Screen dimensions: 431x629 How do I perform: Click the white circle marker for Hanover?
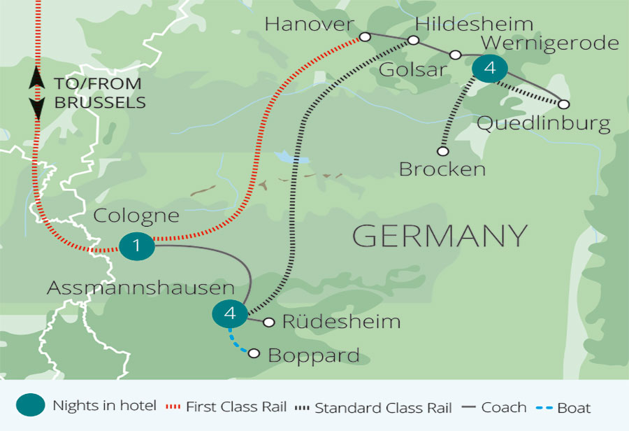(x=363, y=36)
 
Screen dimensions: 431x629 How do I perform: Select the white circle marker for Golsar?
(x=455, y=55)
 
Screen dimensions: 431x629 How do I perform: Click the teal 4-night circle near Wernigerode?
(x=489, y=68)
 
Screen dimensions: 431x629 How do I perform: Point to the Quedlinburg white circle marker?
(x=564, y=104)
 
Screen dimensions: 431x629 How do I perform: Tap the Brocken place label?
(x=441, y=169)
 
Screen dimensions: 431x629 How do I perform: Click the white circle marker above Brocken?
(x=442, y=150)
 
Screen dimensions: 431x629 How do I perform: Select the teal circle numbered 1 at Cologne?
(x=136, y=245)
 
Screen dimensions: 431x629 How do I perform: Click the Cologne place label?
(x=138, y=215)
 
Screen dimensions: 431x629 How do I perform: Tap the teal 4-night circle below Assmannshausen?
(x=230, y=314)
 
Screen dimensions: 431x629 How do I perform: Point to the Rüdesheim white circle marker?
(x=268, y=323)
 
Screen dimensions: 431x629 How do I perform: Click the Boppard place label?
(x=314, y=355)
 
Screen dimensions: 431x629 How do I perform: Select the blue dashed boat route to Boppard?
(x=240, y=343)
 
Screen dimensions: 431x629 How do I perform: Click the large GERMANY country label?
(x=440, y=236)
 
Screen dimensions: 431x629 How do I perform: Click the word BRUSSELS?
(x=100, y=103)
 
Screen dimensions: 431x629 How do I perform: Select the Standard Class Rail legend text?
(x=383, y=407)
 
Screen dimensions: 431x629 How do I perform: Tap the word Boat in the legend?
(x=574, y=407)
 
